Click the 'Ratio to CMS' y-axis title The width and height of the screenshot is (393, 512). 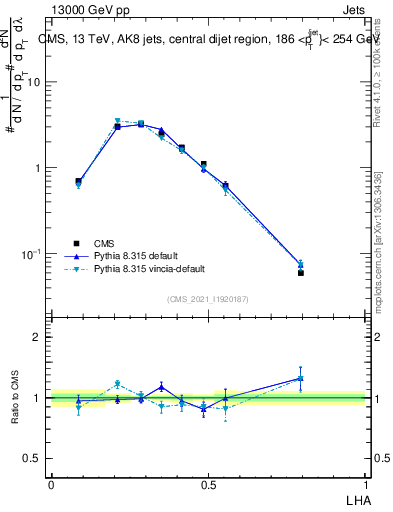point(15,397)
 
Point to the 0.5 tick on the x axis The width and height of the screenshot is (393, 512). point(208,483)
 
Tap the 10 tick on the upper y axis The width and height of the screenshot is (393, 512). point(35,83)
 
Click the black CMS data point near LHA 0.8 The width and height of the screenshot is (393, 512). point(300,273)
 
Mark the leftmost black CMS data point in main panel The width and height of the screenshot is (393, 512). point(78,181)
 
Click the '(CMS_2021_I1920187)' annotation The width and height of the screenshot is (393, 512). point(208,299)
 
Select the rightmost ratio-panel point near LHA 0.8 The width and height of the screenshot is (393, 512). point(300,378)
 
